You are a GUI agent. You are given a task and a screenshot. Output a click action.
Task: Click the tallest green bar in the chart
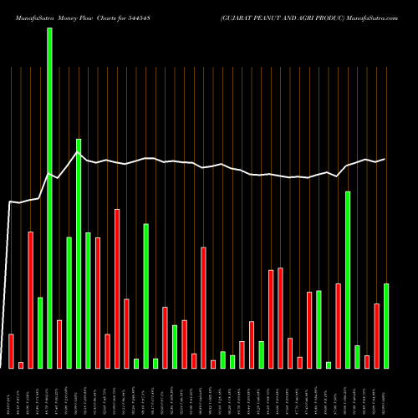(x=49, y=197)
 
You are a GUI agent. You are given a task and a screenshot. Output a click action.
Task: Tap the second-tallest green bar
(x=79, y=253)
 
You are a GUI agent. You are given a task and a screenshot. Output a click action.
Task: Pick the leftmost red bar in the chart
(x=12, y=350)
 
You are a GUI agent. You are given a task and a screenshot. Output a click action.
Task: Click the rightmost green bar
(x=386, y=325)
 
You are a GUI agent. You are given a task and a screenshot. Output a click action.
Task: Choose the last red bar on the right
(x=376, y=335)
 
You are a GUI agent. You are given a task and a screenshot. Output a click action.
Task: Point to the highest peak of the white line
(x=78, y=152)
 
